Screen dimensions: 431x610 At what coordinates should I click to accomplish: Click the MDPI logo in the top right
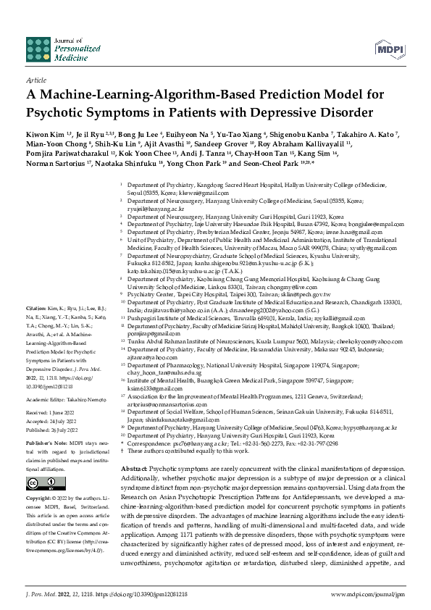(390, 49)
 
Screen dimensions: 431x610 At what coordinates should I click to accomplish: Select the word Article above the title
(35, 80)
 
